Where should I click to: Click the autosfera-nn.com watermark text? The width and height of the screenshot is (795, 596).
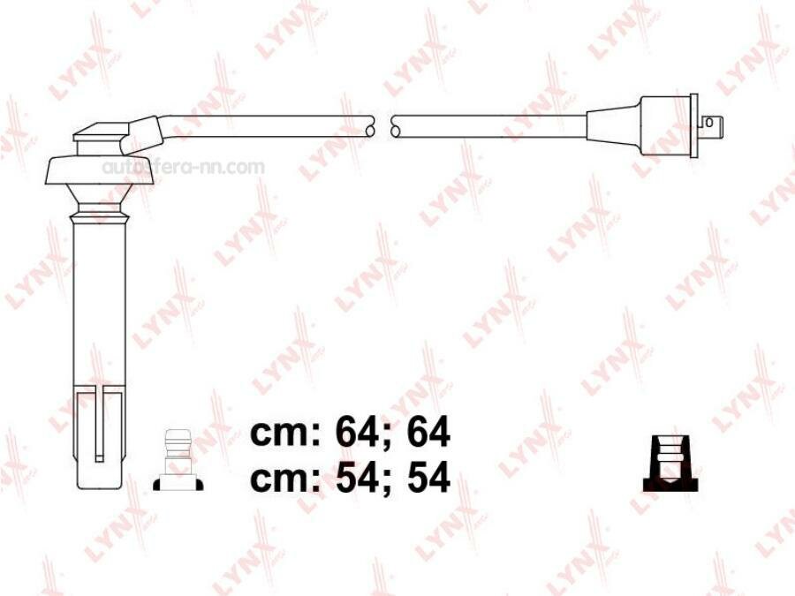coord(183,167)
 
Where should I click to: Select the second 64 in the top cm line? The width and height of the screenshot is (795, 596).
coord(428,434)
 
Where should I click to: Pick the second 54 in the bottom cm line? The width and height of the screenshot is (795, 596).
coord(428,478)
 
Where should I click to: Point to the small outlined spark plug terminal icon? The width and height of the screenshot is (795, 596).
coord(178,460)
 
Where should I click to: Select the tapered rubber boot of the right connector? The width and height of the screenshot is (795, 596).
coord(618,126)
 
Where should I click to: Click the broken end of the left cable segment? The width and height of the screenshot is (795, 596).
coord(369,127)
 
